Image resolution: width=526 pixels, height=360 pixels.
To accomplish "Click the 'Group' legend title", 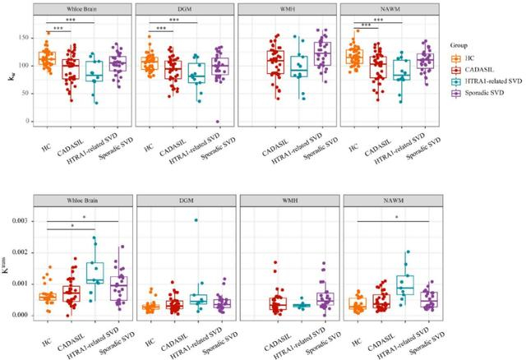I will [x=464, y=46].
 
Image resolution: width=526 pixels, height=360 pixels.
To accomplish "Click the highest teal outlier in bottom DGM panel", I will [x=196, y=220].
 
